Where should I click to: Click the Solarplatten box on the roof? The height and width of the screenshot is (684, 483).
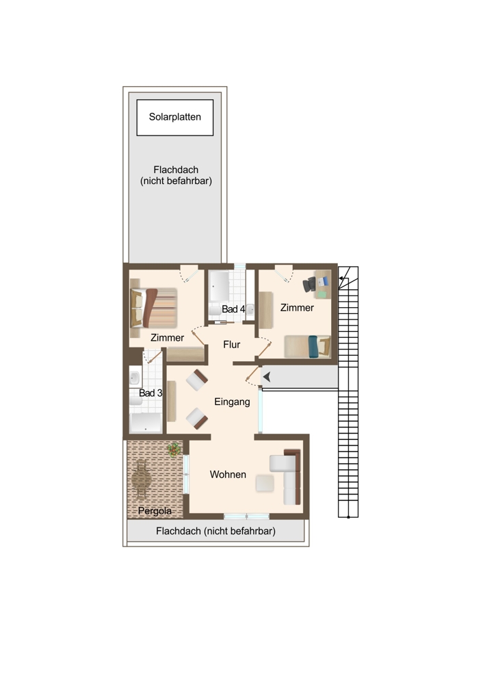(175, 118)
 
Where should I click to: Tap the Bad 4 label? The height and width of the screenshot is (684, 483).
(233, 309)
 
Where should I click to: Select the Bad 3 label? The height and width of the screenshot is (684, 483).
(151, 393)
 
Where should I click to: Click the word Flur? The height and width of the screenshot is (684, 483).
(232, 345)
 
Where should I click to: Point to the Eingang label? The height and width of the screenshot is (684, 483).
(232, 402)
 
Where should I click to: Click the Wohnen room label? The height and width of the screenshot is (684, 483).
(228, 475)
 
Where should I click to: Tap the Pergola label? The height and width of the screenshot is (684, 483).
(155, 511)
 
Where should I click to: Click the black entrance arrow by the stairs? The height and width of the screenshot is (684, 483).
(267, 376)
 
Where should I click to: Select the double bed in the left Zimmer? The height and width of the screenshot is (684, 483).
(153, 308)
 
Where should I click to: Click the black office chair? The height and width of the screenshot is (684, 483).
(309, 285)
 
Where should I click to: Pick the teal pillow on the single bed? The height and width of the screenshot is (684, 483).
(313, 346)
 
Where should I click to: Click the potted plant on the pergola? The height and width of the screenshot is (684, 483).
(174, 449)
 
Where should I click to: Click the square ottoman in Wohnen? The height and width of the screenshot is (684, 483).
(265, 484)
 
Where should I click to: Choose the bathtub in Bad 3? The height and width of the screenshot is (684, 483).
(146, 423)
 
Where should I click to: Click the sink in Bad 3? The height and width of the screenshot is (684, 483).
(135, 377)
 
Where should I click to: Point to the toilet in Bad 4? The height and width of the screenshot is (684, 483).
(215, 310)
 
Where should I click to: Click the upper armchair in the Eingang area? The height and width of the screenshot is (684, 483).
(197, 380)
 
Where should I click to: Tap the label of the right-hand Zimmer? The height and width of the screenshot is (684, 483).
(297, 308)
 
